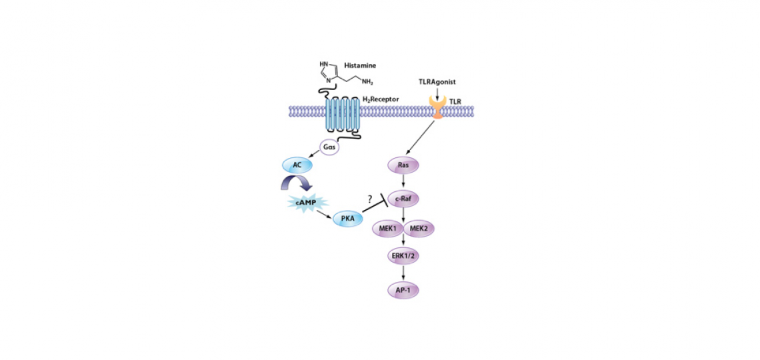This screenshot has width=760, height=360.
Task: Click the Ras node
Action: (403, 163)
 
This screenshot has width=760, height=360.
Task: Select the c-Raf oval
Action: (403, 198)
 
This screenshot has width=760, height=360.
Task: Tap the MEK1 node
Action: (387, 228)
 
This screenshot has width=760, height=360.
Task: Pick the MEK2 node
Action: (419, 228)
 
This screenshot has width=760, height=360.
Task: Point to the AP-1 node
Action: (403, 290)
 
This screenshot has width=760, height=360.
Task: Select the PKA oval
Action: (348, 218)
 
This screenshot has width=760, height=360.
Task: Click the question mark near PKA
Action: (370, 199)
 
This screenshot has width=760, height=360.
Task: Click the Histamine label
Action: (360, 66)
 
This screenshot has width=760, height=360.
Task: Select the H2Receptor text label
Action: (381, 99)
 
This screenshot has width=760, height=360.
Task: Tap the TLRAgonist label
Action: (437, 82)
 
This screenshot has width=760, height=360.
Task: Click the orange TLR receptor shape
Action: (437, 108)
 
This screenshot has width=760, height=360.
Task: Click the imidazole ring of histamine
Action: (329, 71)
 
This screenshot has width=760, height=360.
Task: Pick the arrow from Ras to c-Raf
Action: (403, 181)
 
